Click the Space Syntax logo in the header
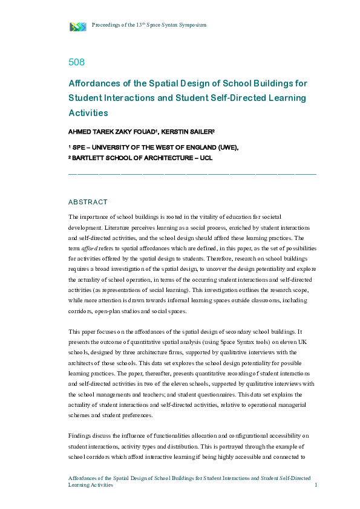78,26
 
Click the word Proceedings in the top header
105,25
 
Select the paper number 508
76,62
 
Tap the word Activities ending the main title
88,112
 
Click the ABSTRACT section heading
88,202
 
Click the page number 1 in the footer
316,485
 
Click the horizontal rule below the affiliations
192,174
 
